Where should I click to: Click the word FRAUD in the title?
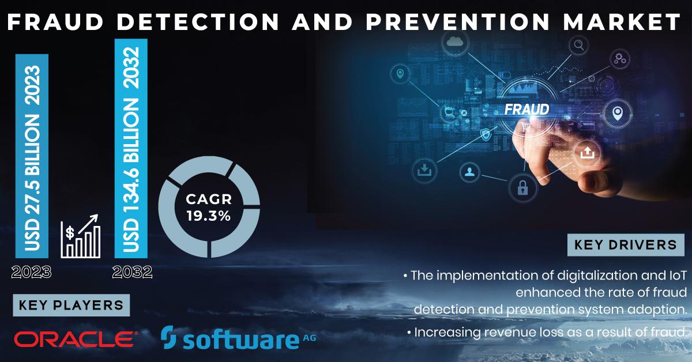[55, 22]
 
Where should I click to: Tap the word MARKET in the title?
[622, 22]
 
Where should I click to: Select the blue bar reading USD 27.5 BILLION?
[32, 156]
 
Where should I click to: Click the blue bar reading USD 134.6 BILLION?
[131, 148]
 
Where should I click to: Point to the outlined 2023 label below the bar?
[31, 273]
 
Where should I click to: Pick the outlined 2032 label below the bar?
[132, 272]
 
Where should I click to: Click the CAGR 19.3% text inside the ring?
[209, 208]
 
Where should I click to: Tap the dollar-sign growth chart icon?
[81, 236]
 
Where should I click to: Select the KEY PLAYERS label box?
[72, 305]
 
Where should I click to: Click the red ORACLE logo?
[76, 339]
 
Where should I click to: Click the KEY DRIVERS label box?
[626, 245]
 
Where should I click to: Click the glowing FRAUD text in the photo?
[527, 110]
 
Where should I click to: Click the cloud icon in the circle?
[455, 41]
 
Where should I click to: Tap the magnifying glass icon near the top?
[578, 45]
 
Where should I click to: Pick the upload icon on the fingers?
[587, 153]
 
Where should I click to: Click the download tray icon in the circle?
[424, 170]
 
